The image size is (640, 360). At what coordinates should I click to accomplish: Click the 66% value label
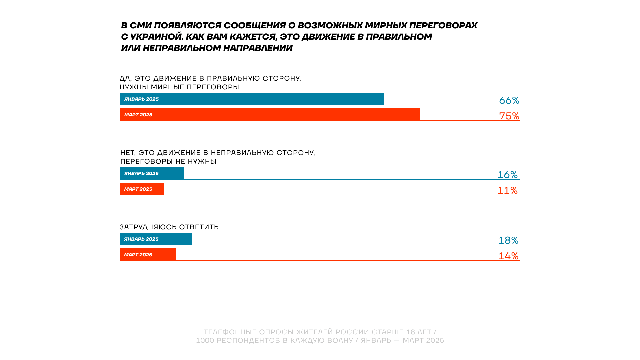[509, 100]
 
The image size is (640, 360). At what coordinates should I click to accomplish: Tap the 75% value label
[509, 116]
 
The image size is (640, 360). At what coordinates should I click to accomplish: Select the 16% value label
[507, 174]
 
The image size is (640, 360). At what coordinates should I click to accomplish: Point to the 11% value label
[507, 190]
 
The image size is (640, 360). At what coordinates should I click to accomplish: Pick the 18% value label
[508, 240]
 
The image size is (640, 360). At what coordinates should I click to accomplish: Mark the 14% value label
[508, 256]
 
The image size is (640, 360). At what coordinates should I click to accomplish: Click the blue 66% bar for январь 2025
[252, 99]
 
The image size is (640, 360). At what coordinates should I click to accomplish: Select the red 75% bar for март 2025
[270, 115]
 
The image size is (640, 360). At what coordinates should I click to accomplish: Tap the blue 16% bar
[152, 173]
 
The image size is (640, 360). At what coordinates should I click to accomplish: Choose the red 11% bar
[142, 189]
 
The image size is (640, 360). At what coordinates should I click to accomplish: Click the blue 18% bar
[156, 239]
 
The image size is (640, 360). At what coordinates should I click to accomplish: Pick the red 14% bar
[148, 255]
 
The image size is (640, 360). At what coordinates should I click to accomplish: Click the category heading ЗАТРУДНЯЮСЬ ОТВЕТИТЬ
[169, 227]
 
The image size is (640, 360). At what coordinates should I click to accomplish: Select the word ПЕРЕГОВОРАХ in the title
[443, 25]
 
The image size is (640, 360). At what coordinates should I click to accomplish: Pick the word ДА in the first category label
[125, 78]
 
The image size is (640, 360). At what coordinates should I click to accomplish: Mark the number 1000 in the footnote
[205, 340]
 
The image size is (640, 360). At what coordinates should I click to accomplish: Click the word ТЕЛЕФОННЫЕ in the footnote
[230, 332]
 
